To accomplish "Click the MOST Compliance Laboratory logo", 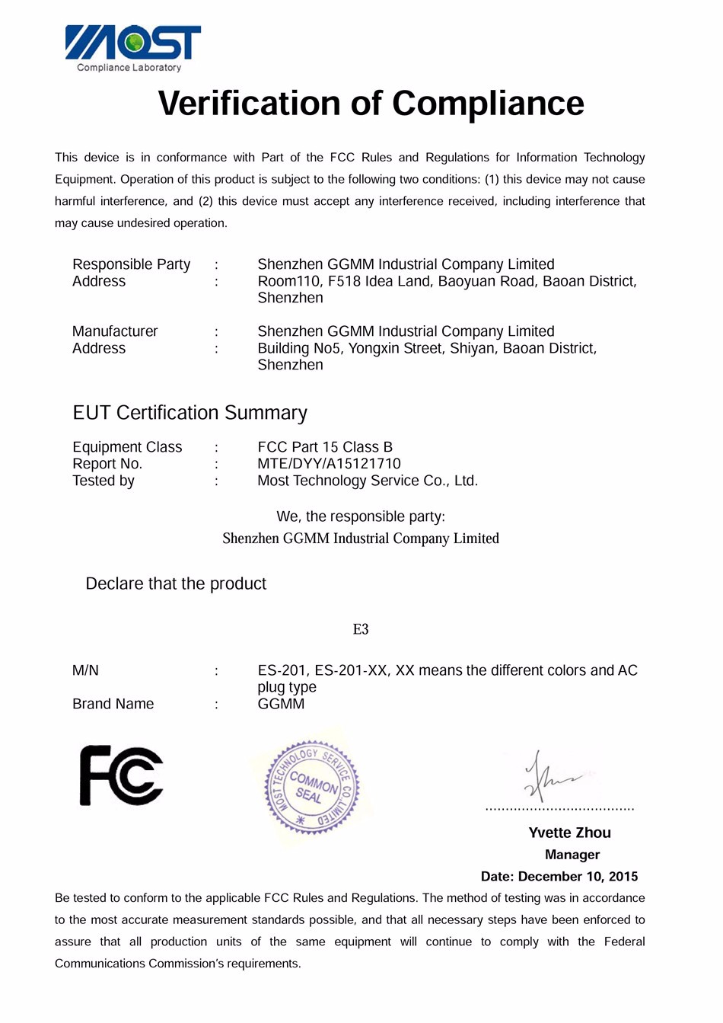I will (x=133, y=48).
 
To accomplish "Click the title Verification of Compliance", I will (x=371, y=104).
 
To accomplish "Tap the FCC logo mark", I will (x=121, y=775).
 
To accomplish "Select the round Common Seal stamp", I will (x=312, y=787).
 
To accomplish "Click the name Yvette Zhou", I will (x=569, y=833).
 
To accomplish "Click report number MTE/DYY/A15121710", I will (x=329, y=464).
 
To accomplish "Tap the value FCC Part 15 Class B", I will (x=325, y=447).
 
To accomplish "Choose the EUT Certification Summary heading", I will (x=190, y=413).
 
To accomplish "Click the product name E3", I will (x=361, y=629).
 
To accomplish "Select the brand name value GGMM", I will (x=281, y=704).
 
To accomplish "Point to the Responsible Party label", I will (x=131, y=264).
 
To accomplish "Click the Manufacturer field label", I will (x=115, y=331).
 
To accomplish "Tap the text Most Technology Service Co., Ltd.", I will (x=368, y=481).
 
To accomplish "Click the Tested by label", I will (x=104, y=481).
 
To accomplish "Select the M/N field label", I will (x=85, y=670).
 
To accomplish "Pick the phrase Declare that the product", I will (x=176, y=583).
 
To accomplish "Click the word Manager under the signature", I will (x=572, y=855).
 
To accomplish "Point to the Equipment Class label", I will (x=127, y=447).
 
